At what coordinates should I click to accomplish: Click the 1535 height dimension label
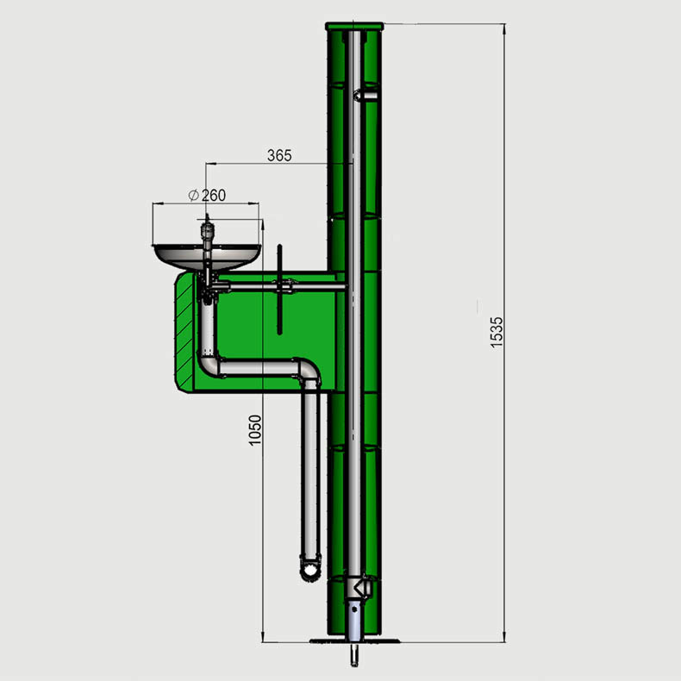tap(497, 332)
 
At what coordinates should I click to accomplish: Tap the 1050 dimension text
tap(255, 430)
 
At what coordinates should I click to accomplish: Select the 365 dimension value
tap(279, 155)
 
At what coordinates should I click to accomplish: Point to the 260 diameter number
tap(214, 196)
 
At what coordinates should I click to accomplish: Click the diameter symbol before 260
tap(194, 195)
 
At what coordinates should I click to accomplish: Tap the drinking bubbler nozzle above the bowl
tap(207, 230)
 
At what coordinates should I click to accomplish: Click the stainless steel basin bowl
tap(207, 258)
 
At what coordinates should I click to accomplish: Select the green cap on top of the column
tap(354, 27)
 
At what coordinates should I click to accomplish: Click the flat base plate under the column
tap(354, 640)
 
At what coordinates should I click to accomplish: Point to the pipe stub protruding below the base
tap(354, 654)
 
